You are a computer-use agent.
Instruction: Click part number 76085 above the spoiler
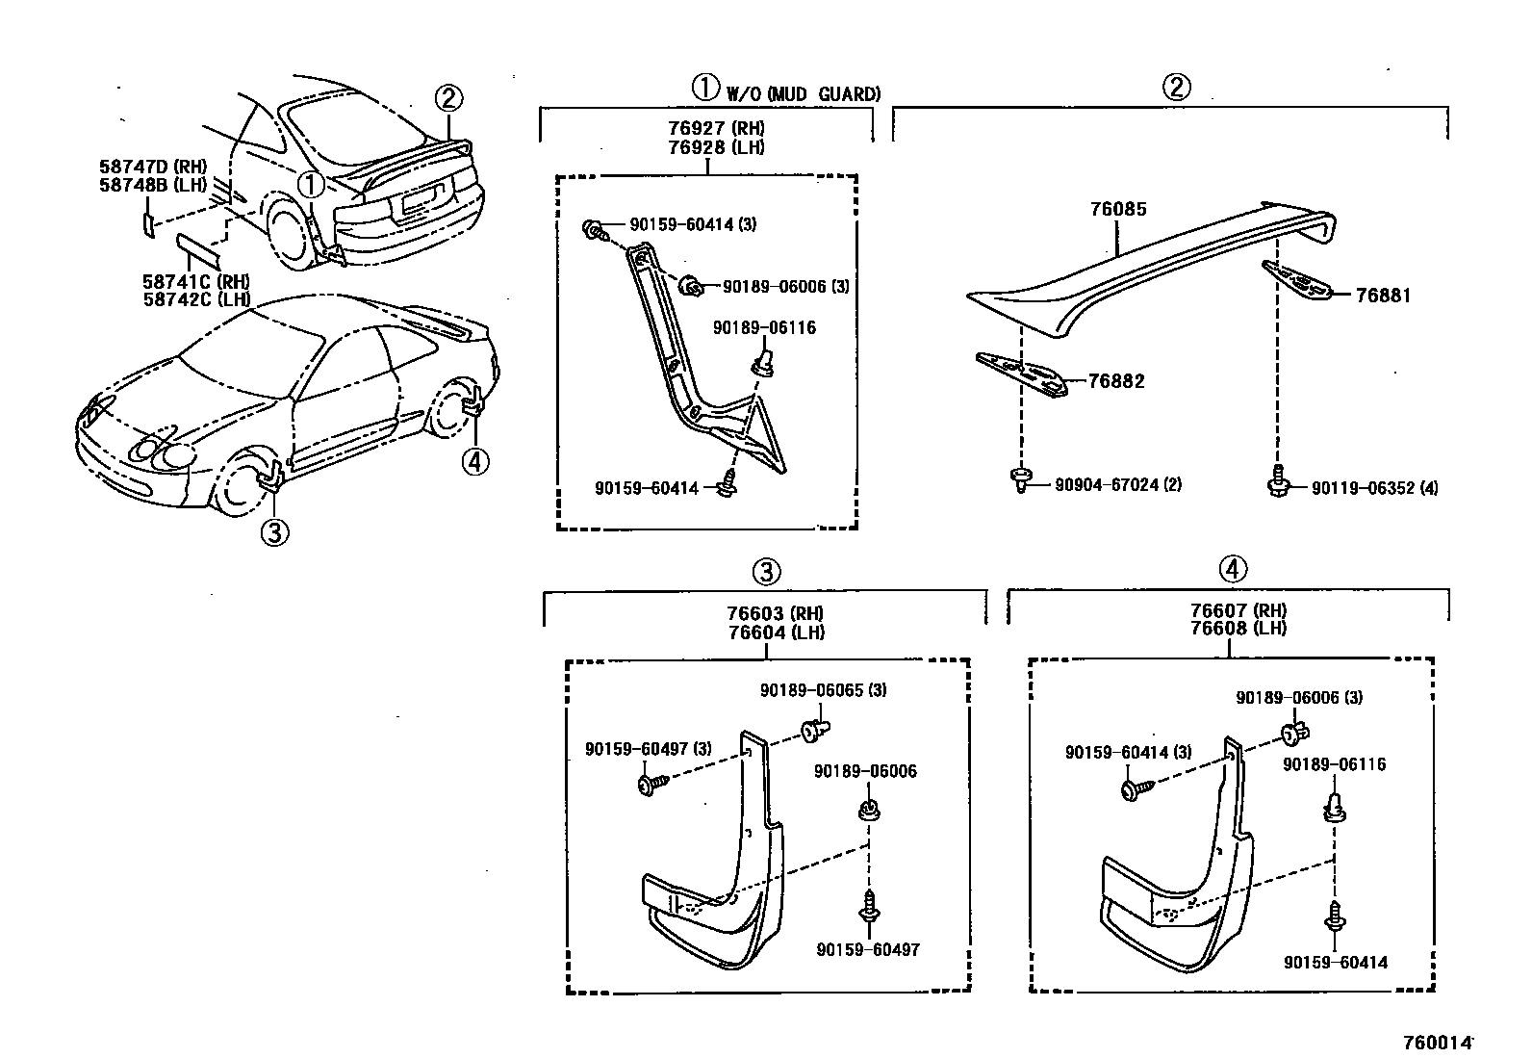(x=1117, y=209)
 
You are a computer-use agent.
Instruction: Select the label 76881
(x=1383, y=296)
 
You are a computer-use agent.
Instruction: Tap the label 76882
(x=1115, y=381)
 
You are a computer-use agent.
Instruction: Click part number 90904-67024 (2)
(x=1118, y=484)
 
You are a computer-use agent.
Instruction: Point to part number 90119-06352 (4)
(x=1374, y=488)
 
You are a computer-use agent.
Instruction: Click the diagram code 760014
(x=1438, y=1042)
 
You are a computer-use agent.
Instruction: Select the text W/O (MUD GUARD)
(x=803, y=93)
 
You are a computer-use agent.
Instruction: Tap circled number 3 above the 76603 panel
(x=765, y=573)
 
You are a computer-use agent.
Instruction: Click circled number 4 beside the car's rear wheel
(x=473, y=461)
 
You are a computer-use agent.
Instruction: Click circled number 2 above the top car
(x=448, y=97)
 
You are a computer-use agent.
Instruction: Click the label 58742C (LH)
(x=196, y=298)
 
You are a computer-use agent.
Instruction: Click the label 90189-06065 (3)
(x=823, y=690)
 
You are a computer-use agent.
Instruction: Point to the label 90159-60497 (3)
(x=648, y=749)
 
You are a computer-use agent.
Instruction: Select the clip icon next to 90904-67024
(x=1020, y=478)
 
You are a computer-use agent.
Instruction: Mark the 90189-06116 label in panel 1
(x=764, y=328)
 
